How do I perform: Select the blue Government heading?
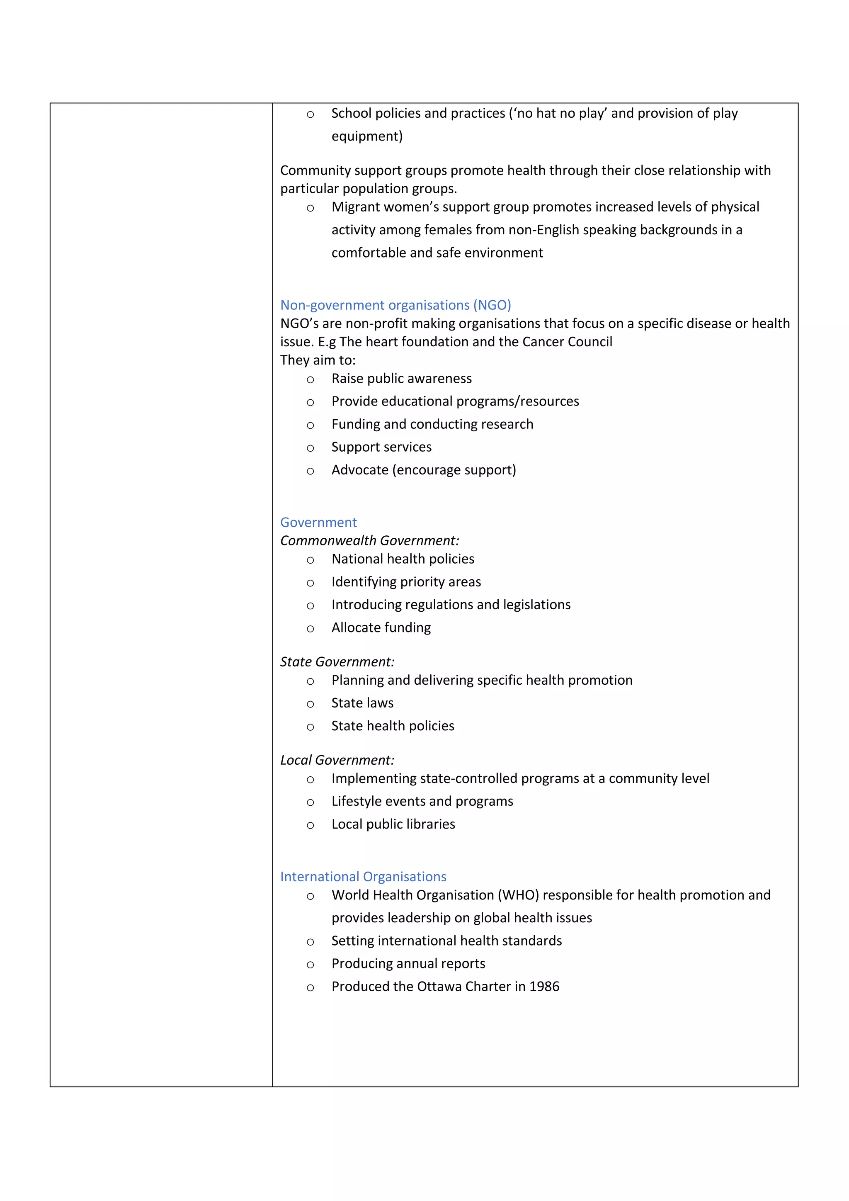coord(318,522)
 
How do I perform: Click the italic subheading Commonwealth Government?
coord(369,540)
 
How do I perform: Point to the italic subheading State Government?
coord(337,662)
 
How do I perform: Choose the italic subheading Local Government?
coord(337,760)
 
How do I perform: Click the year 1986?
coord(544,987)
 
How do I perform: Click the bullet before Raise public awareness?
coord(310,380)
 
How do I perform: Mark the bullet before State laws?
coord(310,705)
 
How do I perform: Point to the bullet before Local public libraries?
coord(310,825)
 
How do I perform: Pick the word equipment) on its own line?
coord(367,136)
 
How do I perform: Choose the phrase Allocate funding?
coord(381,628)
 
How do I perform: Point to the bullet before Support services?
coord(310,448)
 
